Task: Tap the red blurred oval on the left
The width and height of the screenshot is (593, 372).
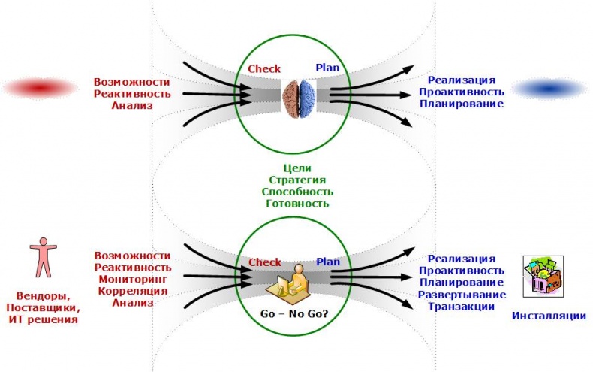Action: click(x=41, y=89)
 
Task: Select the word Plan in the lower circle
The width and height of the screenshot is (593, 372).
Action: click(x=327, y=262)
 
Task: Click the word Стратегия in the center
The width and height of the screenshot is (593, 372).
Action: click(x=297, y=180)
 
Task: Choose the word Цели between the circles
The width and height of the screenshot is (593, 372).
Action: click(x=298, y=168)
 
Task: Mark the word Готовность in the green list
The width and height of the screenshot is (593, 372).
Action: click(x=297, y=204)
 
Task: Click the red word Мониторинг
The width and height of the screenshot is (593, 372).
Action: click(x=133, y=279)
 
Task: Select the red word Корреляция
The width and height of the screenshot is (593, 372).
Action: click(x=133, y=291)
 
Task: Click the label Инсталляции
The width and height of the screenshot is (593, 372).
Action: click(x=549, y=316)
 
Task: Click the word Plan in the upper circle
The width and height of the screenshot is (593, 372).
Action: click(x=327, y=68)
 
